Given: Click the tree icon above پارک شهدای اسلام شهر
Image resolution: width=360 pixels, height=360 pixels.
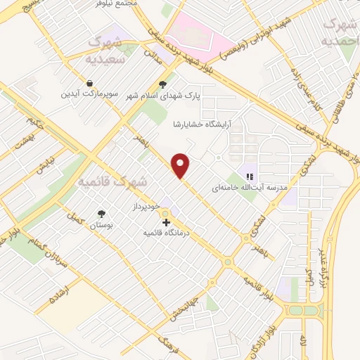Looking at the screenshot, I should [x=163, y=84].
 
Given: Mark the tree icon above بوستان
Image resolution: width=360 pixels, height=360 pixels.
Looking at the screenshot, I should [x=103, y=214].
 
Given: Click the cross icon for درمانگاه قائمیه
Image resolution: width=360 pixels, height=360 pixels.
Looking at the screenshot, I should [x=166, y=222].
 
